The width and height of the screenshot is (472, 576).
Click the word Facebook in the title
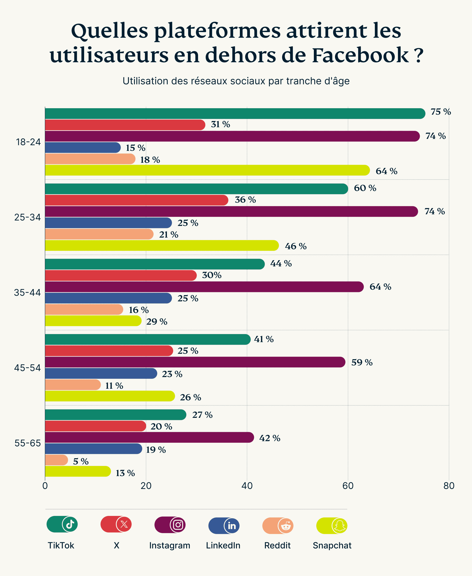pyautogui.click(x=360, y=55)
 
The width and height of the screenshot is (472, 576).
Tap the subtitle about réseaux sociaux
pyautogui.click(x=236, y=81)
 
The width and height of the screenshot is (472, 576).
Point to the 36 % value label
pyautogui.click(x=245, y=200)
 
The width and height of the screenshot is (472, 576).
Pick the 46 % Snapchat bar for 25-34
pyautogui.click(x=162, y=245)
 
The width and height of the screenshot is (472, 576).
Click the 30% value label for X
pyautogui.click(x=211, y=275)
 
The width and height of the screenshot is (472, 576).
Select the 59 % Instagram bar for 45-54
pyautogui.click(x=195, y=362)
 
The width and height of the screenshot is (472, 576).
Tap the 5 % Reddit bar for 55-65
pyautogui.click(x=56, y=460)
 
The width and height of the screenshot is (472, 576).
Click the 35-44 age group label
pyautogui.click(x=27, y=293)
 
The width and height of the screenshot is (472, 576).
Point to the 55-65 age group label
pyautogui.click(x=27, y=443)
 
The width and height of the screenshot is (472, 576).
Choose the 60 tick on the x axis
pyautogui.click(x=348, y=486)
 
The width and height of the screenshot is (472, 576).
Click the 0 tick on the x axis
pyautogui.click(x=45, y=486)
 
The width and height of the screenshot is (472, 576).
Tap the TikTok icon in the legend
pyautogui.click(x=70, y=524)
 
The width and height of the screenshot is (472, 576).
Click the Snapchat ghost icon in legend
pyautogui.click(x=339, y=525)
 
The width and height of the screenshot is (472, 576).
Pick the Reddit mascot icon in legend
pyautogui.click(x=286, y=525)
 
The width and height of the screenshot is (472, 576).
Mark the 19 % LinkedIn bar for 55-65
pyautogui.click(x=93, y=448)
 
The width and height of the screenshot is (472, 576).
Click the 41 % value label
pyautogui.click(x=263, y=339)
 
